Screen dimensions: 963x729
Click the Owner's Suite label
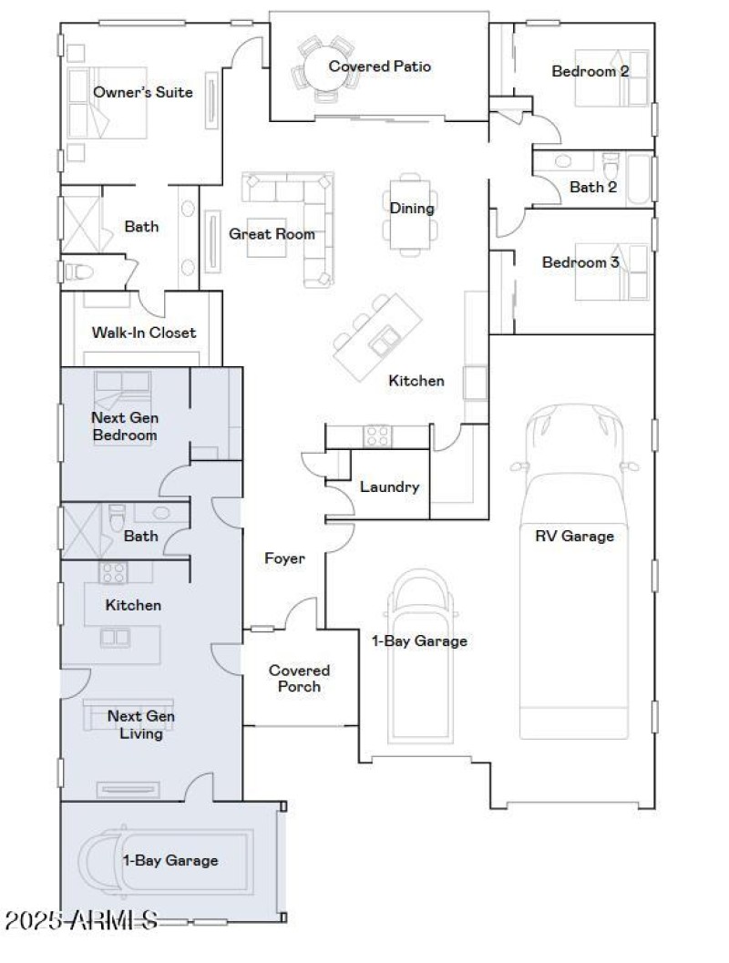pyautogui.click(x=143, y=92)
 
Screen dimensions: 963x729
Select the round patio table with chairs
pyautogui.click(x=323, y=67)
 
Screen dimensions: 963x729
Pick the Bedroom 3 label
pyautogui.click(x=580, y=262)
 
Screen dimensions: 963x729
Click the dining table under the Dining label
pyautogui.click(x=412, y=223)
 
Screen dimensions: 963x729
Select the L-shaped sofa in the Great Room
pyautogui.click(x=301, y=219)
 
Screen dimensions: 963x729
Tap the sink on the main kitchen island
pyautogui.click(x=382, y=342)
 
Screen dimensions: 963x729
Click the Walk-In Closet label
pyautogui.click(x=143, y=333)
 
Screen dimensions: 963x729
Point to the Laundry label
pyautogui.click(x=389, y=487)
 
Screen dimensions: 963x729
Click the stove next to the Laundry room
pyautogui.click(x=377, y=436)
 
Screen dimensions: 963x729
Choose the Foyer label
pyautogui.click(x=284, y=558)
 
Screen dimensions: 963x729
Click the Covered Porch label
pyautogui.click(x=299, y=678)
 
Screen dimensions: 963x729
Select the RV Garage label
pyautogui.click(x=574, y=536)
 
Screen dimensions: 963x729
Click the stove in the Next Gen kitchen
pyautogui.click(x=113, y=572)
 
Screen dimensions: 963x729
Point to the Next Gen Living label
pyautogui.click(x=141, y=724)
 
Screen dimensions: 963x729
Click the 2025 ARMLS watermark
pyautogui.click(x=81, y=920)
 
